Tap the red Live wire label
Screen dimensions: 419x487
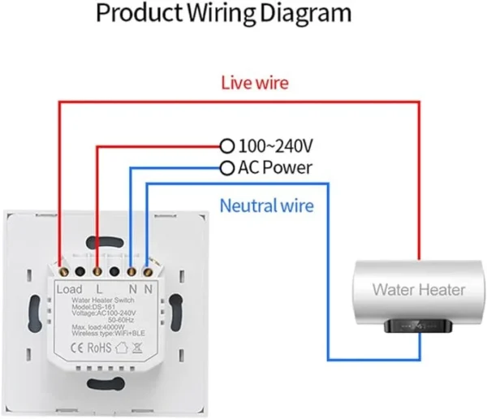tap(255, 83)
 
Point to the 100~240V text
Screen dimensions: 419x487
tap(275, 147)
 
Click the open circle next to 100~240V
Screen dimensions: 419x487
tap(227, 147)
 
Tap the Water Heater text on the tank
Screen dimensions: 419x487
tap(419, 289)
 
